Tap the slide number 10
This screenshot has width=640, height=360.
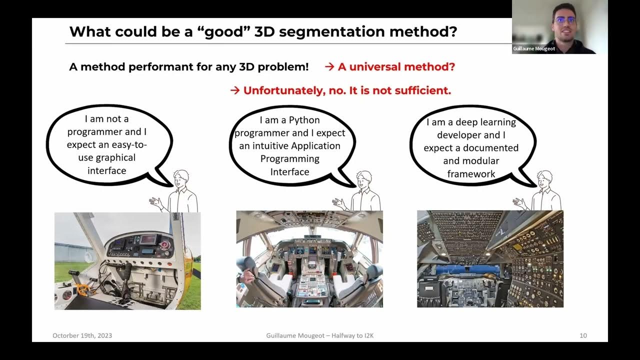(583, 335)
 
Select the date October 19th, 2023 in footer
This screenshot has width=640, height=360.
(82, 335)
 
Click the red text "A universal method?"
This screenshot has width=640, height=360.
(396, 66)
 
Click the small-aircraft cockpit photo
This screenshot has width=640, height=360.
(127, 260)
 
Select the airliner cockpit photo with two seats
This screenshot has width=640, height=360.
(309, 258)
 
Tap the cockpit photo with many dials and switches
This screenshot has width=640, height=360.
(490, 258)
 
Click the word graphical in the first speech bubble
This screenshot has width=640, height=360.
(115, 157)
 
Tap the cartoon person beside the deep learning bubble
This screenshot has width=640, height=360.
(542, 192)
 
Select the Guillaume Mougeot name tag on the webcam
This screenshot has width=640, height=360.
(534, 48)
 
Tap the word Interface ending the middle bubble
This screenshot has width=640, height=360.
(290, 171)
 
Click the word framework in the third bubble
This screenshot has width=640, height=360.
(471, 173)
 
